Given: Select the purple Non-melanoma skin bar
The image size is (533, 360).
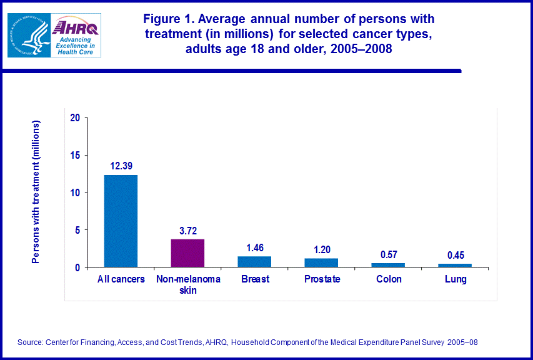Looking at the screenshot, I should click(x=187, y=253).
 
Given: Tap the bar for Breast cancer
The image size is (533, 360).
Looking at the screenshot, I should click(x=254, y=262).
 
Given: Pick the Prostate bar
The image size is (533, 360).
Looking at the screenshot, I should click(x=321, y=263).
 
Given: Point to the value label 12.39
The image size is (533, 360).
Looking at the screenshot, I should click(x=121, y=166).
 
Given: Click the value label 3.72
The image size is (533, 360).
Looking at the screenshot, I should click(x=187, y=231).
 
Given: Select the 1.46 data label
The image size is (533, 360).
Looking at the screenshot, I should click(x=254, y=247).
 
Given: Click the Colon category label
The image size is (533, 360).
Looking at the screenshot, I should click(x=388, y=279).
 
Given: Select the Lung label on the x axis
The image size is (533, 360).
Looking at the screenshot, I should click(x=455, y=279).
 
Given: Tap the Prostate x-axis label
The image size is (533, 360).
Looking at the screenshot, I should click(x=321, y=279).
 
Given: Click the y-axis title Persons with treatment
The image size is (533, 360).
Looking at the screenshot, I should click(x=36, y=192).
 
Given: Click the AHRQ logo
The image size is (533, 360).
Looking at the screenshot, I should click(x=76, y=36).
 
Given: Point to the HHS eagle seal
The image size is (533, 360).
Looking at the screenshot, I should click(x=28, y=36).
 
